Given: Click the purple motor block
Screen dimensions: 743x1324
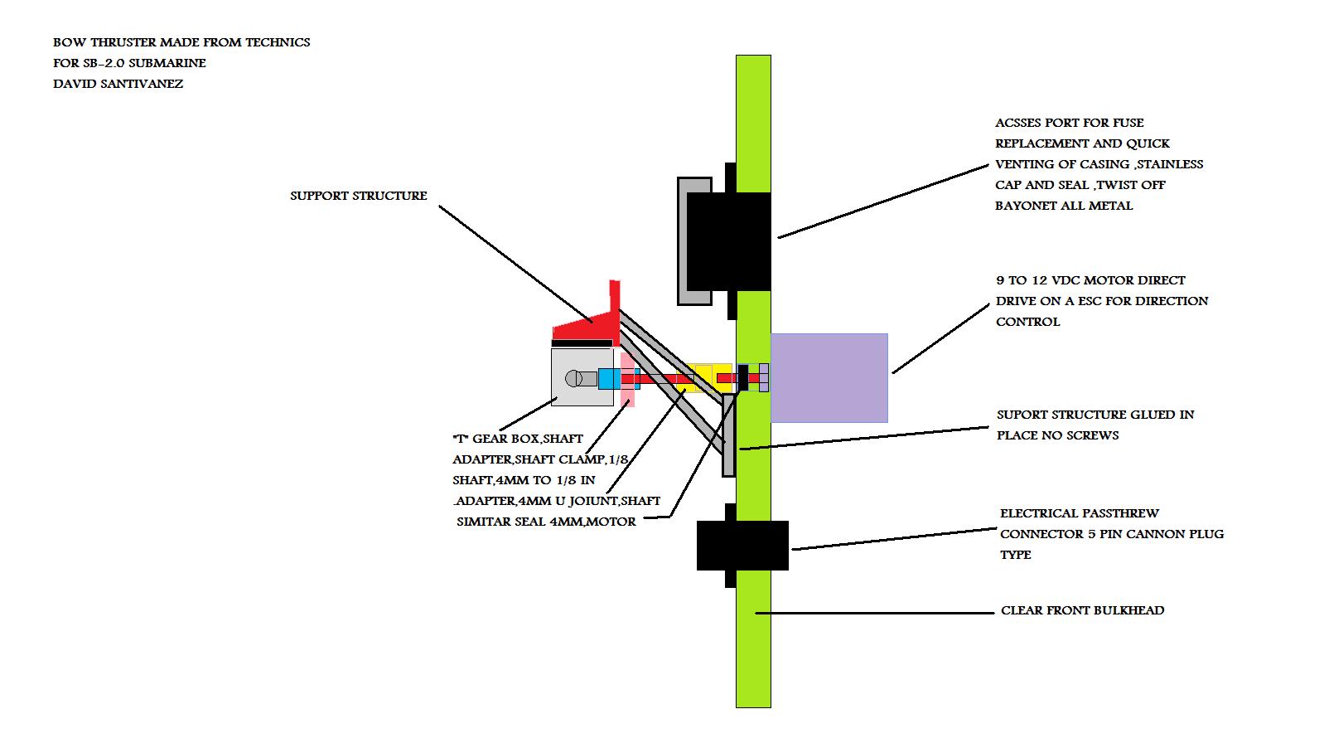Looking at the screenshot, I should pos(829,377).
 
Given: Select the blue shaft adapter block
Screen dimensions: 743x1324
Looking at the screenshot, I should pos(608,379).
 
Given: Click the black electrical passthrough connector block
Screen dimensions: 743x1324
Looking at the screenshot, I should pos(742,545).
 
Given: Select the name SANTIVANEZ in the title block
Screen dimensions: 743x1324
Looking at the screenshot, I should pos(143,84).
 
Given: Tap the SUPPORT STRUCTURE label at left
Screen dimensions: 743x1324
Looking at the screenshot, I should pos(358,196).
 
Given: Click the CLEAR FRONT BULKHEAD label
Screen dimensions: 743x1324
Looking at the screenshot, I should pos(1082,610).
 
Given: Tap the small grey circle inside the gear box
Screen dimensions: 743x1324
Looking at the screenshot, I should pos(572,379).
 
